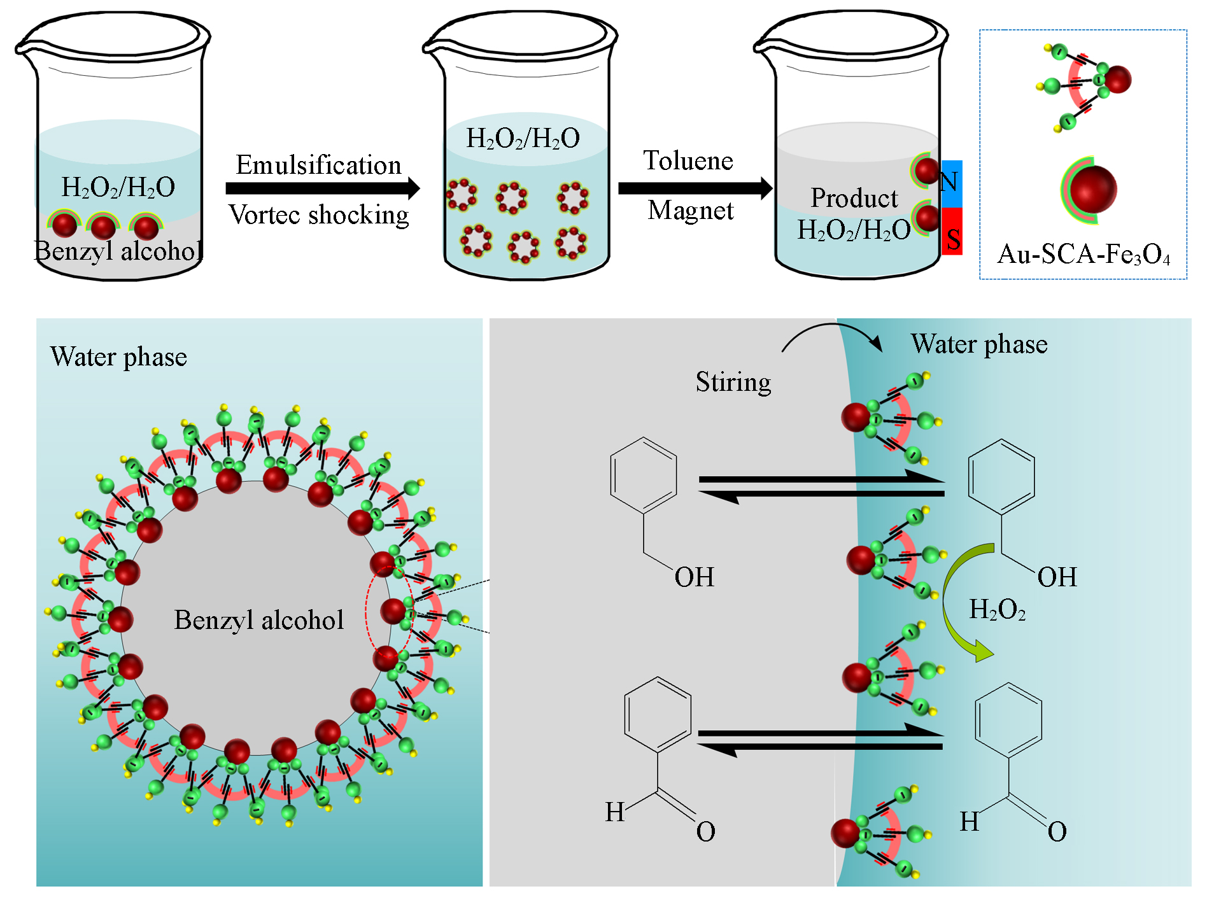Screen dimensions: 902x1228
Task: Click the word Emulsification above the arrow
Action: tap(318, 165)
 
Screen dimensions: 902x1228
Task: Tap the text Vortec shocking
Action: tap(318, 215)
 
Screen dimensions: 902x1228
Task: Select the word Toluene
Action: tap(688, 160)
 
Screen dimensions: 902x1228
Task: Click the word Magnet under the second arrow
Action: tap(691, 210)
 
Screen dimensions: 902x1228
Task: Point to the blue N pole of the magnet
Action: tap(951, 183)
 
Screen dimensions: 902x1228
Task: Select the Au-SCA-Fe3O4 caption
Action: tap(1083, 254)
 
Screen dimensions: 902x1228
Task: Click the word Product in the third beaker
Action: tap(854, 198)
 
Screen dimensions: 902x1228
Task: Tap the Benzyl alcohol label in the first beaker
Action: tap(118, 251)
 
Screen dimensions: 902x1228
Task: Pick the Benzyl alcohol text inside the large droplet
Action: tap(258, 619)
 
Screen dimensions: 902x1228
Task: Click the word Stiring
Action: tap(733, 382)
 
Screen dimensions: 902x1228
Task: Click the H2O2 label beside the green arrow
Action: tap(997, 610)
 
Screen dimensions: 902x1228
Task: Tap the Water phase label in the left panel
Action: tap(118, 356)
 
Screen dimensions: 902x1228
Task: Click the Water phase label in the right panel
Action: tap(978, 344)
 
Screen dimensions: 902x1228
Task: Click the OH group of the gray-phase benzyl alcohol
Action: tap(694, 577)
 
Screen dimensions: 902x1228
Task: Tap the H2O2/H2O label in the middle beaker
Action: tap(523, 138)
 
